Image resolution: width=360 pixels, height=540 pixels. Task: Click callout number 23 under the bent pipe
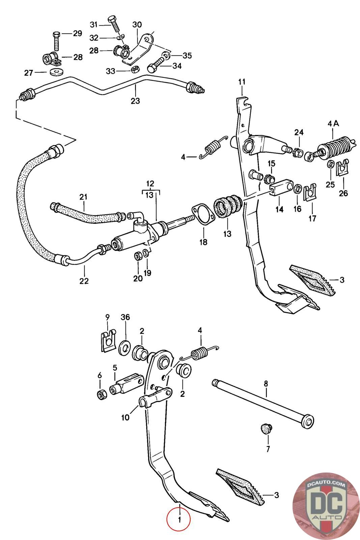pos(135,101)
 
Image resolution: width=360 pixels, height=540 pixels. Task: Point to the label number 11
pos(242,82)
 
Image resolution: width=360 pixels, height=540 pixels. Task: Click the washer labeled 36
pos(125,347)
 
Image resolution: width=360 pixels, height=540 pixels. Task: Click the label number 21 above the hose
pos(83,197)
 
